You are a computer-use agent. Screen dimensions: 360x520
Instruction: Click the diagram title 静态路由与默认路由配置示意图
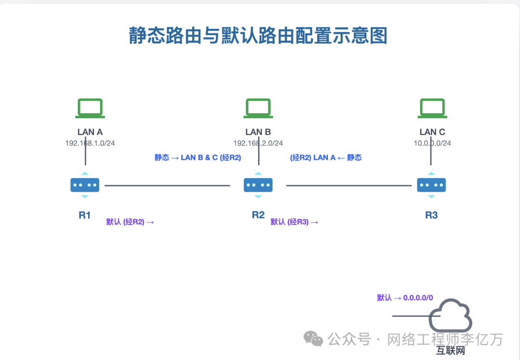258,36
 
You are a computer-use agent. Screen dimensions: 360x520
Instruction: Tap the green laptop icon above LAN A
90,108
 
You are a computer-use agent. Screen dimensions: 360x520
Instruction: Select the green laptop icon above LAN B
258,108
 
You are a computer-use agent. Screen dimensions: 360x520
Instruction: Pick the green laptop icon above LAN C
432,108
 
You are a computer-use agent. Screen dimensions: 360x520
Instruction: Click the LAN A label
90,132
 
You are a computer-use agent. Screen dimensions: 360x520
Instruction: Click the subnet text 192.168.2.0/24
258,143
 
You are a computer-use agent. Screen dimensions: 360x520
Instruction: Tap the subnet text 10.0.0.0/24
432,143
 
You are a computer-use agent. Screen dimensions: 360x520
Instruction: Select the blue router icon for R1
85,185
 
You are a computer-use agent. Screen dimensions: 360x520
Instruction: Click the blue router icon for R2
258,185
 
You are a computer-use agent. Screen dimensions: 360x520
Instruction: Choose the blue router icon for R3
431,185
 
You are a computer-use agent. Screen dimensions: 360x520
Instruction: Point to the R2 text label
258,215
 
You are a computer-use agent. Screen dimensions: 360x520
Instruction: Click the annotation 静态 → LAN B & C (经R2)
197,158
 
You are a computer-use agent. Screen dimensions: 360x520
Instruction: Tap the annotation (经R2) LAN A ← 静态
326,158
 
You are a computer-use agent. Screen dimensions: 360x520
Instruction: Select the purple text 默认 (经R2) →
130,222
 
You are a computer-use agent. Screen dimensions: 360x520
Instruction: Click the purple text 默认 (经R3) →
294,222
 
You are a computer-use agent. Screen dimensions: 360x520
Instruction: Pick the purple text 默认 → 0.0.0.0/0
405,298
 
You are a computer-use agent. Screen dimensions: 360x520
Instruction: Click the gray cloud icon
451,315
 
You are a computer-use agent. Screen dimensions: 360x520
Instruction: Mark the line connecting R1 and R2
167,186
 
